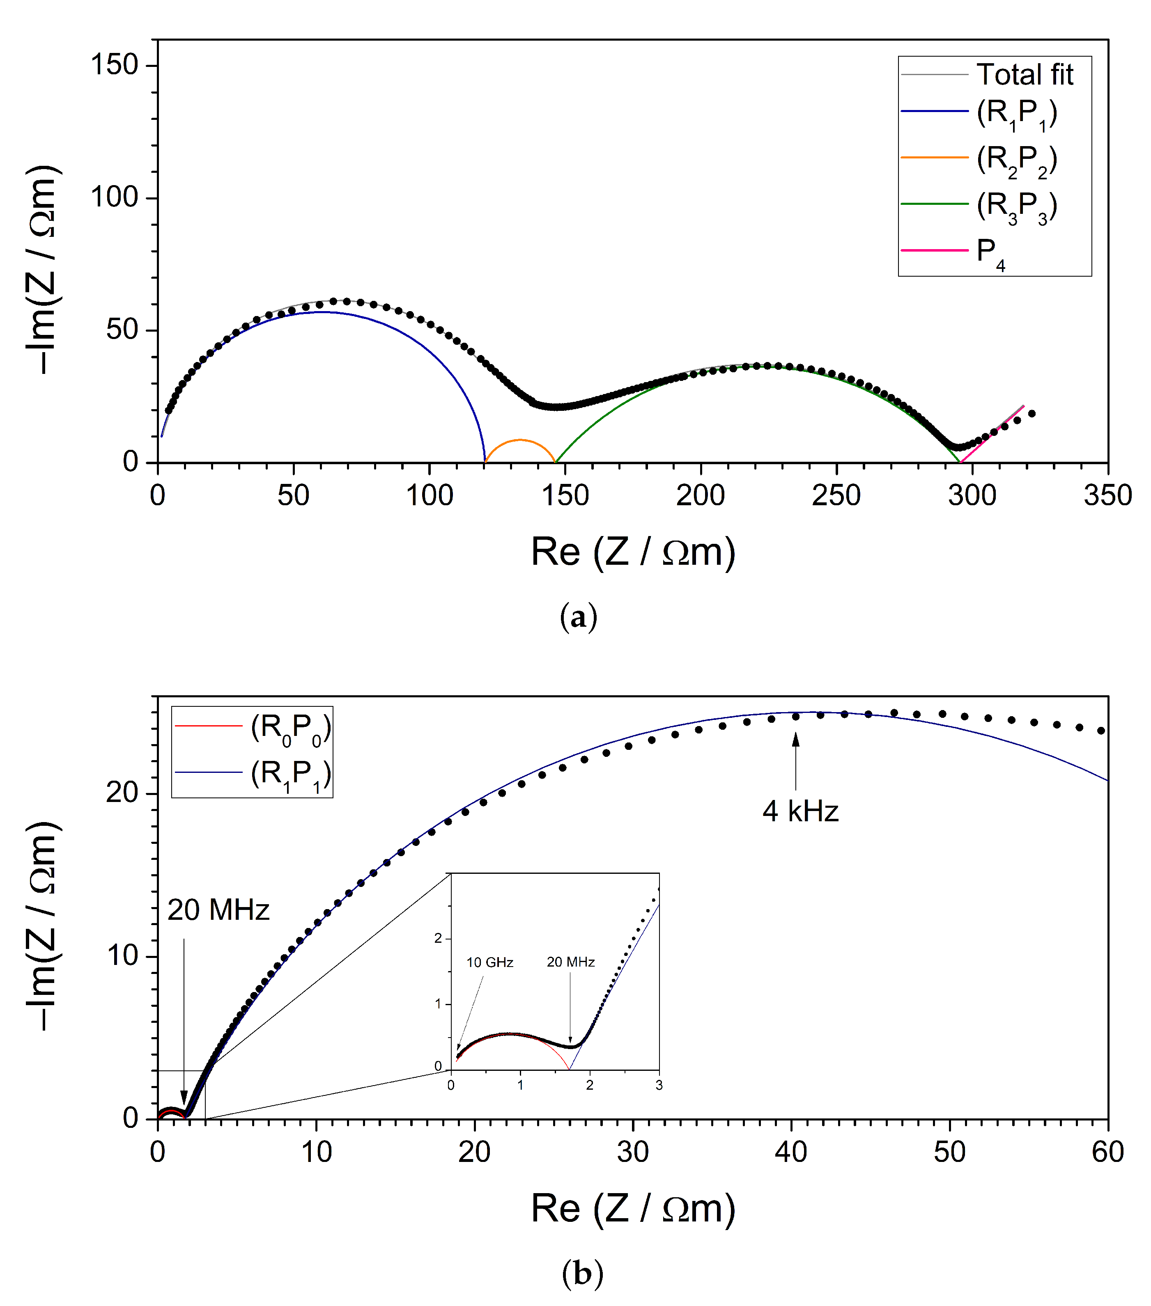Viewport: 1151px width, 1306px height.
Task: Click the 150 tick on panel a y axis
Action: point(115,65)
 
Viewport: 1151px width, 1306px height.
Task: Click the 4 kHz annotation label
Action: point(800,811)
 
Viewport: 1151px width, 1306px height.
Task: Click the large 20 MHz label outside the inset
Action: point(218,910)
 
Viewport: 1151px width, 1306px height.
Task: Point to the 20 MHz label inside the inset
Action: point(571,962)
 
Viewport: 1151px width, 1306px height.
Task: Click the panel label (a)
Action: point(579,617)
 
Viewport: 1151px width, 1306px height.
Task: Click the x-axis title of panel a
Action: point(633,552)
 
